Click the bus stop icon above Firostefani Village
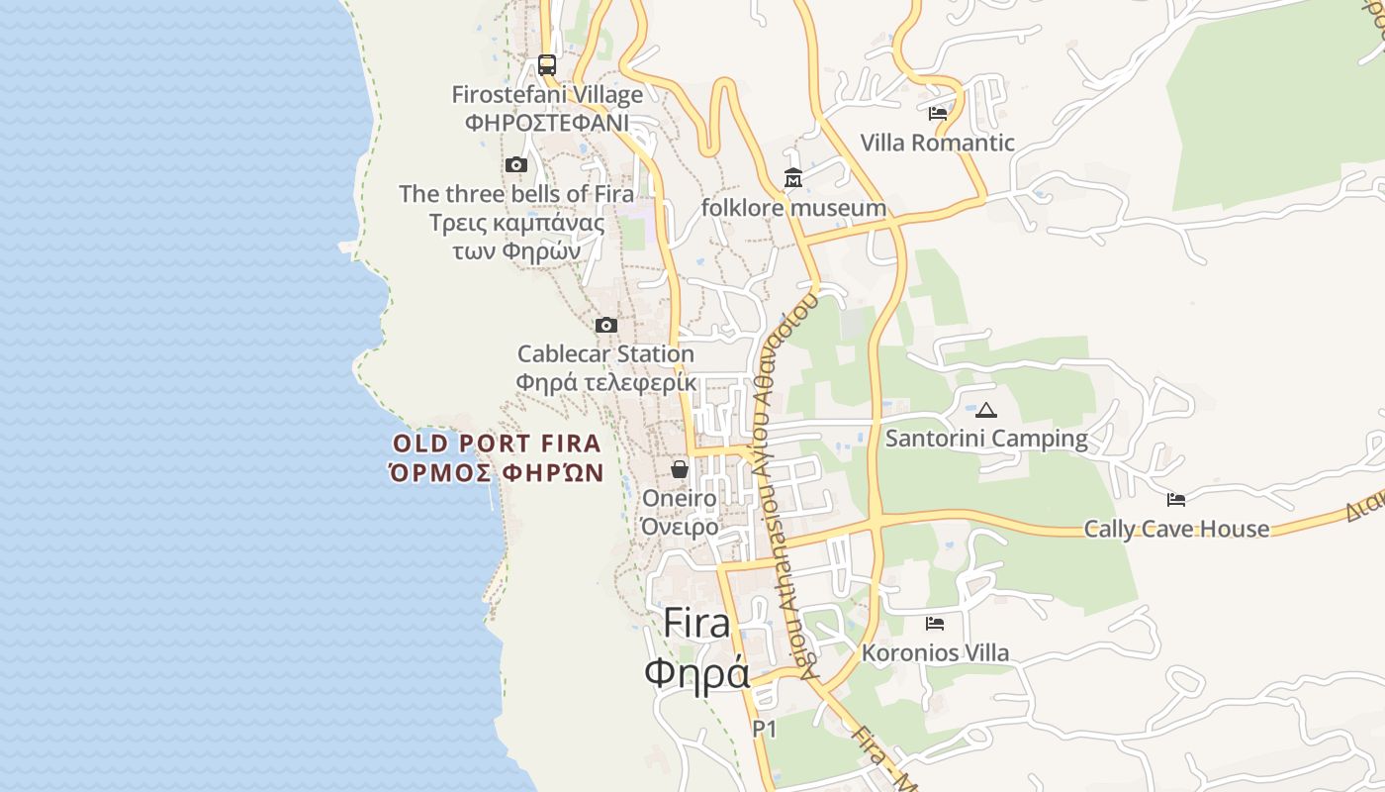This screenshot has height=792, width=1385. [547, 65]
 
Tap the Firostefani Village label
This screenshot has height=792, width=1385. [547, 95]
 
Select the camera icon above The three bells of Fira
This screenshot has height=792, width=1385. [516, 165]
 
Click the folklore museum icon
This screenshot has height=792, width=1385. [793, 179]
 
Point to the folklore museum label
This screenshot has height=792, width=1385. [793, 208]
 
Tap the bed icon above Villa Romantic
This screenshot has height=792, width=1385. [938, 114]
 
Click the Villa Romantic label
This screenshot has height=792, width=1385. [937, 143]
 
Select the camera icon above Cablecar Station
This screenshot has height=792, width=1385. [606, 325]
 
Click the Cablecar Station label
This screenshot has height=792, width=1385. [605, 353]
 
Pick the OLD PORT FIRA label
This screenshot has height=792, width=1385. [497, 444]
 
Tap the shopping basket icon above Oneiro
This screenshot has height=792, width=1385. [680, 469]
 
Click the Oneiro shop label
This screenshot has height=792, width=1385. [680, 498]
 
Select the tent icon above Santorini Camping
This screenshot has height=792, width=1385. [986, 410]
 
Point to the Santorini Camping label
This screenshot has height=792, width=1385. [986, 438]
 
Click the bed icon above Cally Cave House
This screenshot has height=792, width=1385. [1176, 500]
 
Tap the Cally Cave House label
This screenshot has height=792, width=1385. [1176, 529]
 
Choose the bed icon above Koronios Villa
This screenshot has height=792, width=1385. [935, 624]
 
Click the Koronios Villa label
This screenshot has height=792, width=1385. [935, 652]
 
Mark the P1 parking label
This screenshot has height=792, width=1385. [765, 730]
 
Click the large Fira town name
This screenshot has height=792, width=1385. [696, 624]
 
